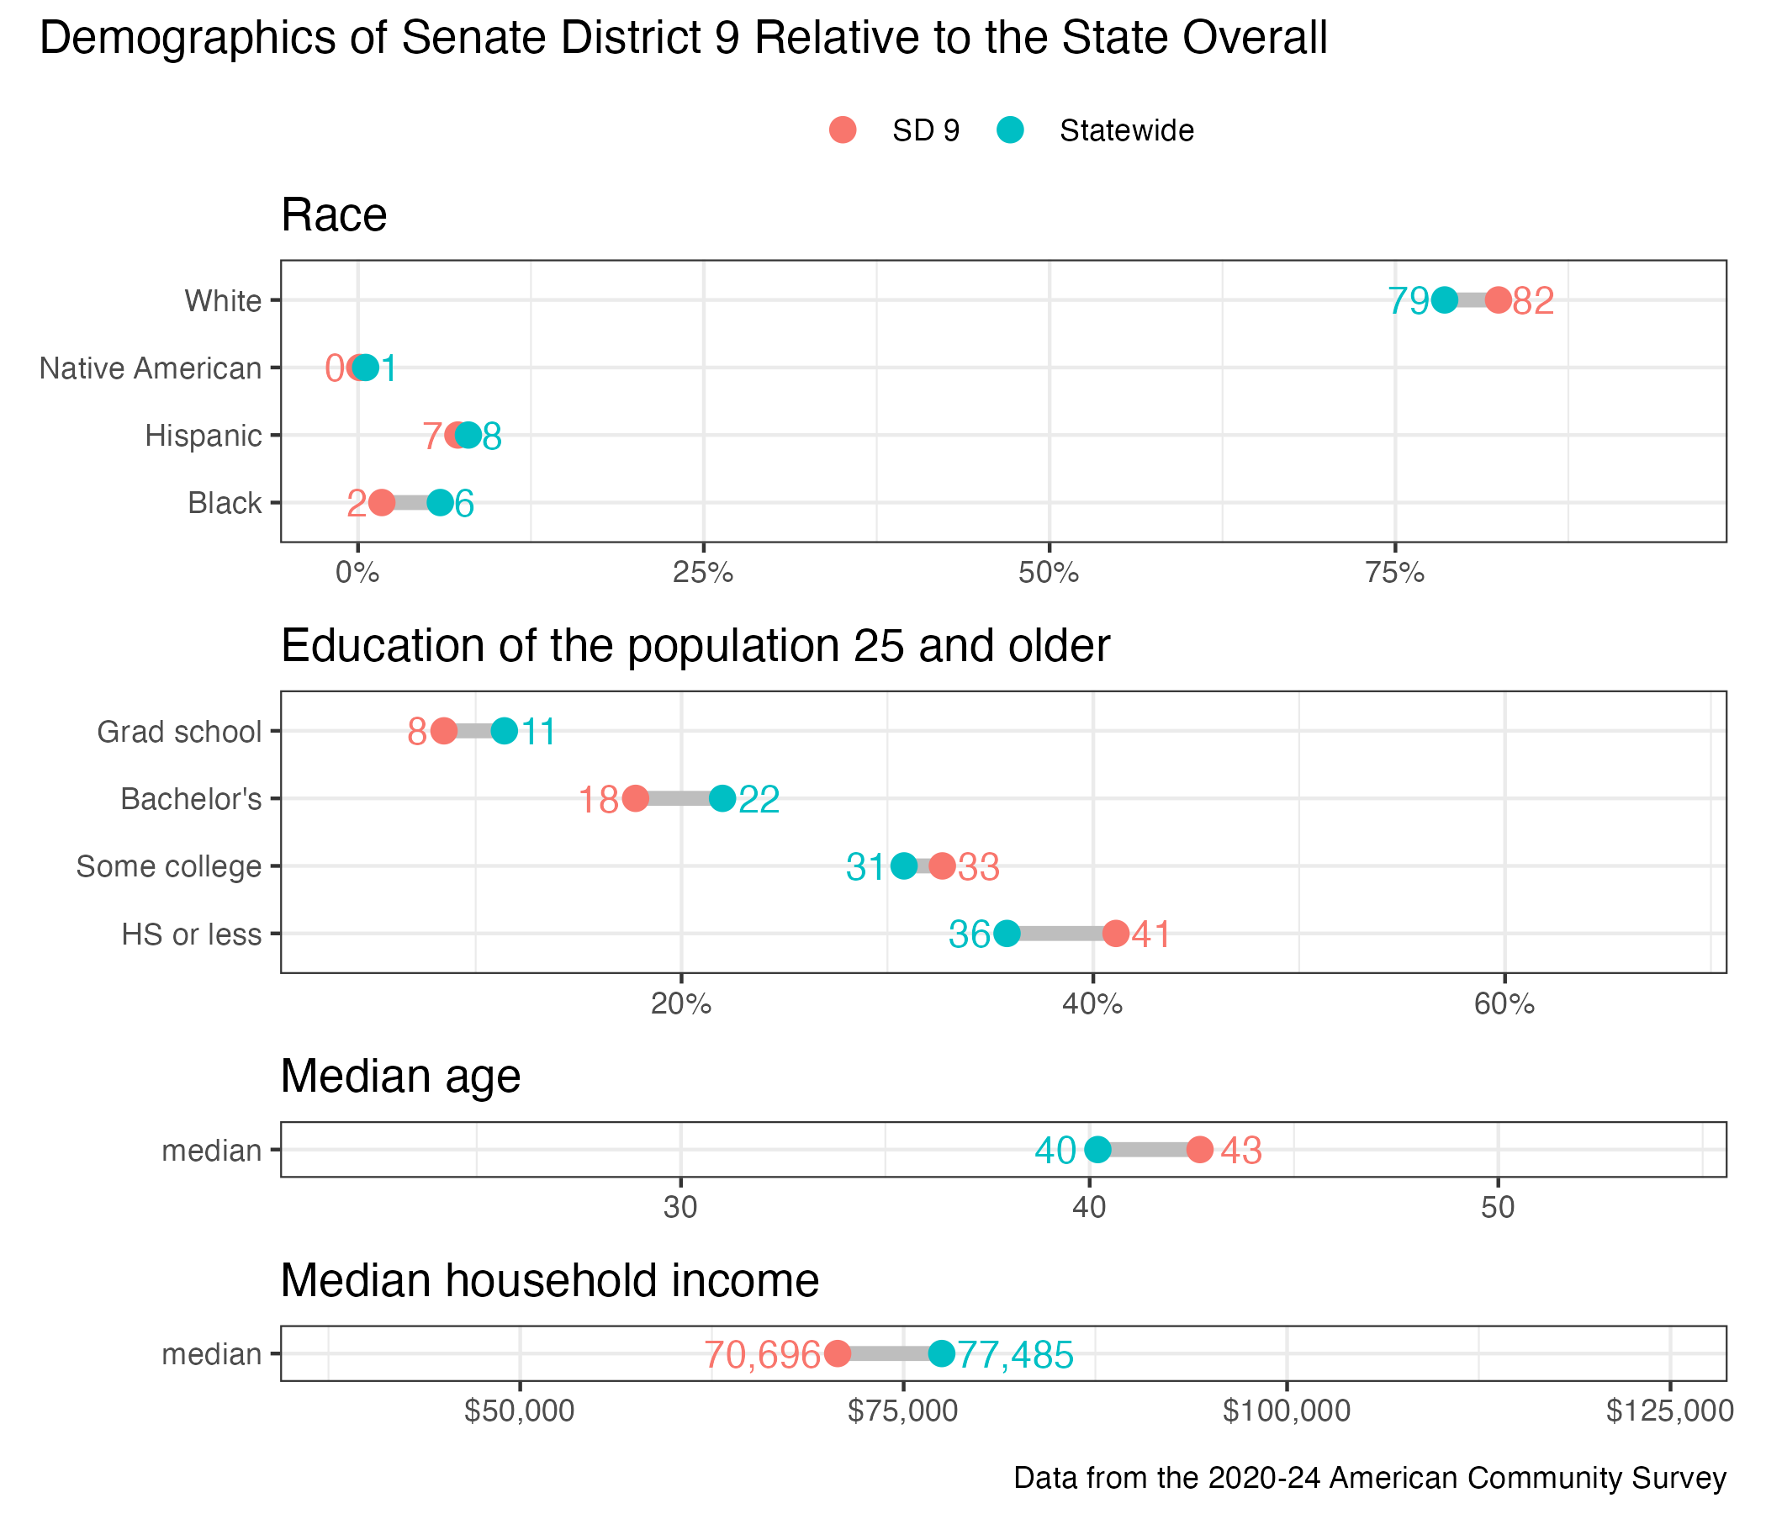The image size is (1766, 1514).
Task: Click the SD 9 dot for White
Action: [x=1498, y=300]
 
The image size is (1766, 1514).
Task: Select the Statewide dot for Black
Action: [x=440, y=503]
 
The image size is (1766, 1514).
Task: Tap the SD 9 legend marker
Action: [x=842, y=130]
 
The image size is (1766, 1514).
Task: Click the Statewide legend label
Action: [x=1126, y=131]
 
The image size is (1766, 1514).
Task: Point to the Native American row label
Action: [x=151, y=368]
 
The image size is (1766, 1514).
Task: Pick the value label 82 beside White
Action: [x=1533, y=302]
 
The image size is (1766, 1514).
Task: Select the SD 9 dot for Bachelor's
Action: [x=635, y=799]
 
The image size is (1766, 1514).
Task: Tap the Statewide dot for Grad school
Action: [x=505, y=732]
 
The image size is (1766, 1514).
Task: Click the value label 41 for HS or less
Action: [x=1150, y=935]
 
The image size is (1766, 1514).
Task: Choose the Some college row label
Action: [x=169, y=867]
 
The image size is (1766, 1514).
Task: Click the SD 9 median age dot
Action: [x=1199, y=1150]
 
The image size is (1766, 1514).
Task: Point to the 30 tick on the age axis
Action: [x=681, y=1208]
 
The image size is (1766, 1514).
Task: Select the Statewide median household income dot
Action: [x=941, y=1353]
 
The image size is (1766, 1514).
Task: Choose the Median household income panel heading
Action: [x=550, y=1280]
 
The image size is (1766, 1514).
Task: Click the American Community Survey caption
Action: [x=1370, y=1477]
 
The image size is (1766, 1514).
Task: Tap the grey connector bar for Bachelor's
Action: [x=679, y=799]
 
